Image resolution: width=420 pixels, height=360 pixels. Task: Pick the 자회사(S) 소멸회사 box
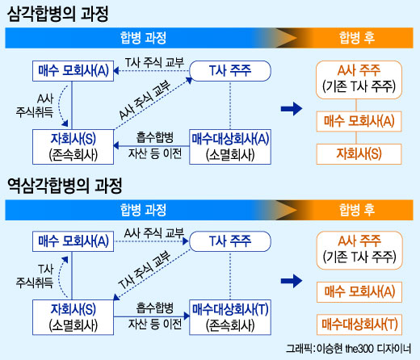pyautogui.click(x=73, y=316)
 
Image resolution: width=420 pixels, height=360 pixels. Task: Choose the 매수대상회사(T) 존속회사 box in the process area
pyautogui.click(x=229, y=316)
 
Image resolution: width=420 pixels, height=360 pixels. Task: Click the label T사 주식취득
pyautogui.click(x=27, y=277)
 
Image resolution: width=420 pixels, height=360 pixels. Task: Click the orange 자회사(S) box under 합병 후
pyautogui.click(x=359, y=153)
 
